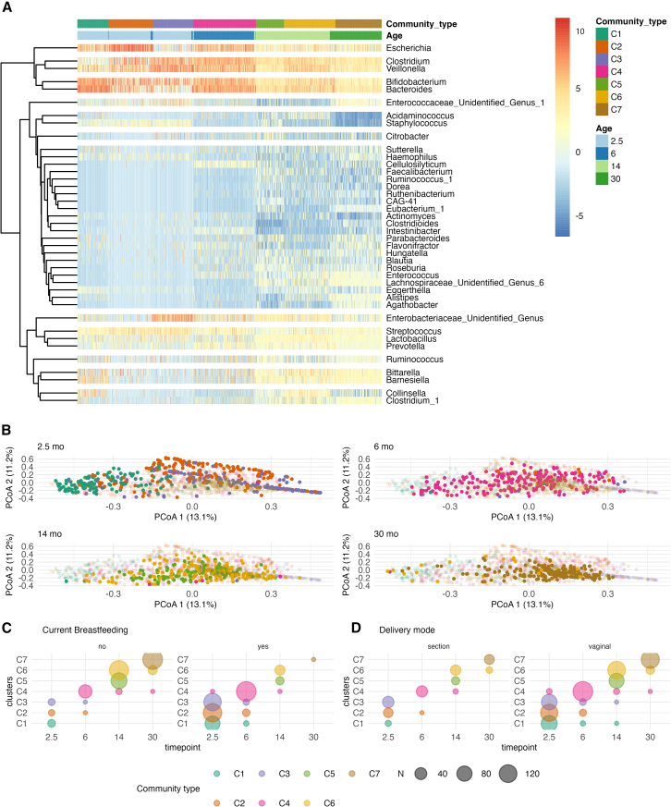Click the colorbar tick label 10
click(x=579, y=31)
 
